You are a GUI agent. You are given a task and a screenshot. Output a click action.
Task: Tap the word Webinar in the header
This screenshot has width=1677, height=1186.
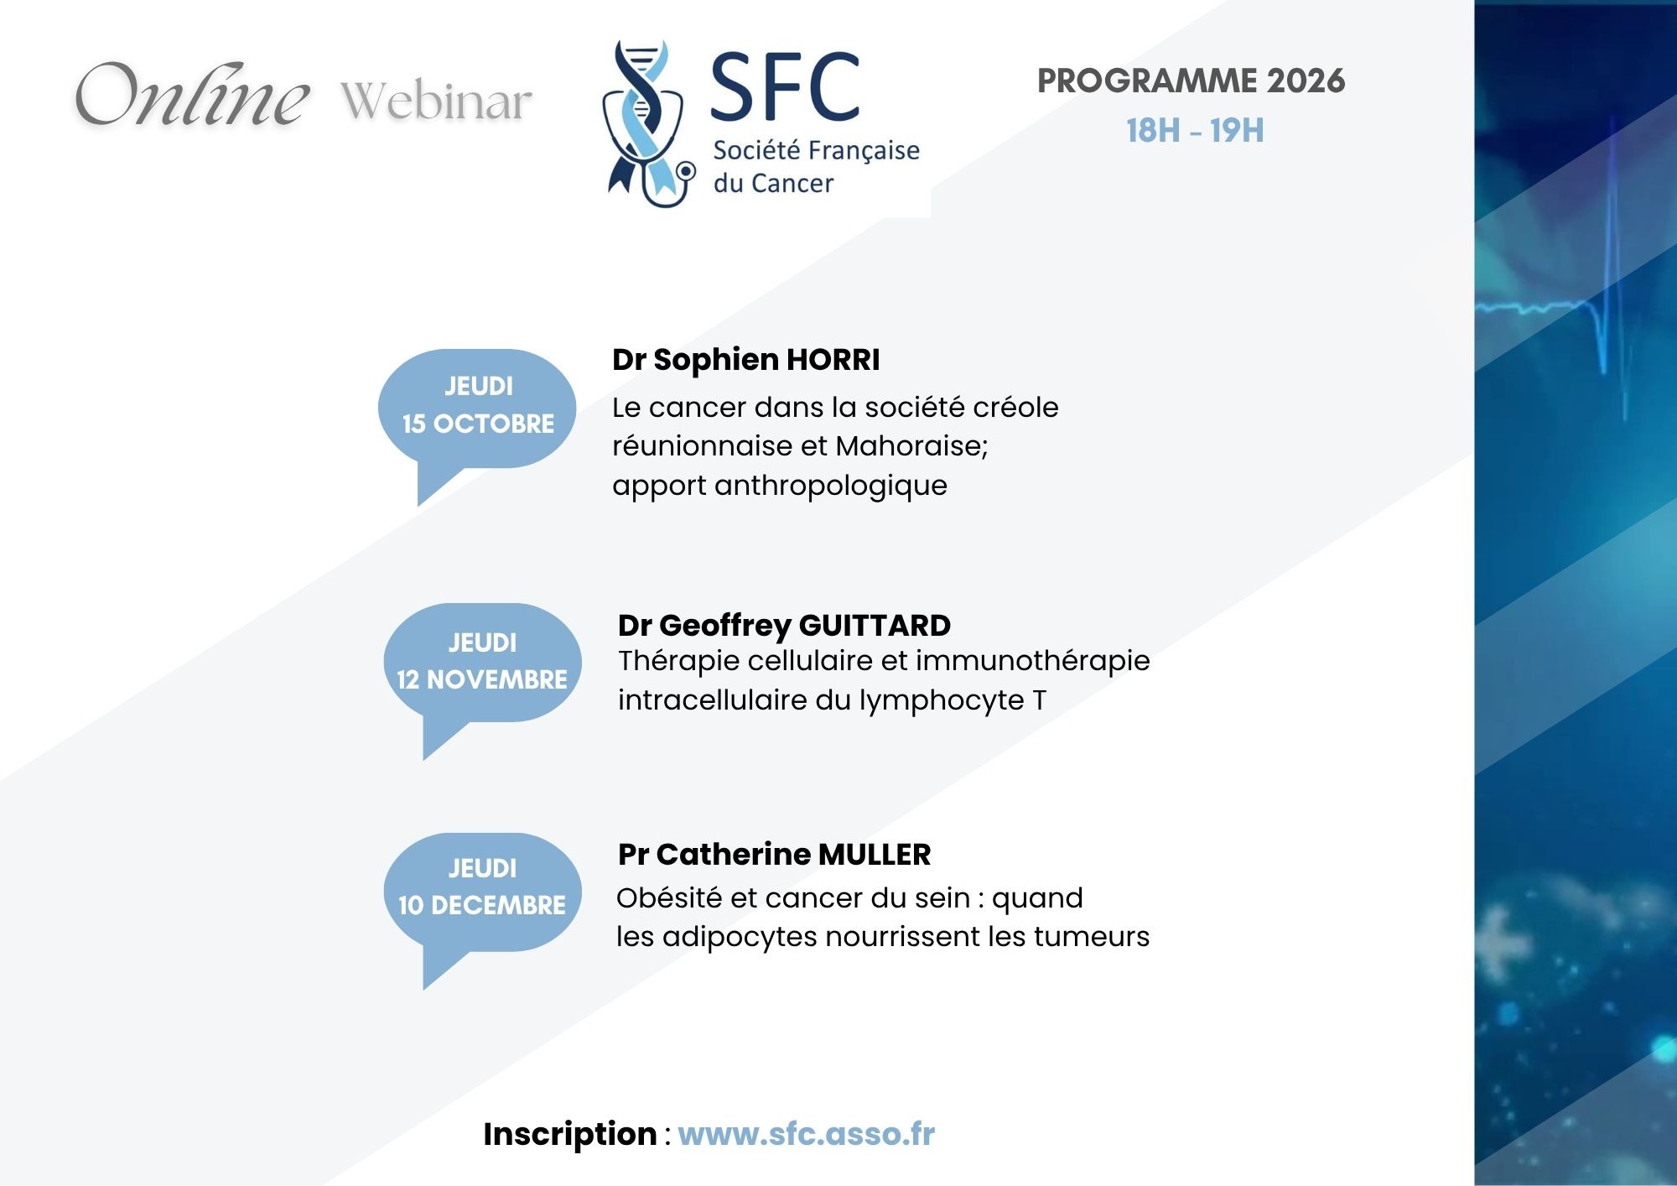pyautogui.click(x=436, y=101)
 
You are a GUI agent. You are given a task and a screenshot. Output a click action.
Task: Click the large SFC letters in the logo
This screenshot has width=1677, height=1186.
pyautogui.click(x=786, y=86)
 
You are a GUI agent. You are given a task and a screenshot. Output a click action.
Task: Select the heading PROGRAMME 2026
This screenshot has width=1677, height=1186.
pyautogui.click(x=1191, y=81)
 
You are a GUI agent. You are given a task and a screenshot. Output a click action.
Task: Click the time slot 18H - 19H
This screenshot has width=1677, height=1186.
pyautogui.click(x=1195, y=131)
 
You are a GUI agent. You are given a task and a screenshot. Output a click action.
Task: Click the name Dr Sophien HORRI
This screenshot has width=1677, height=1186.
pyautogui.click(x=745, y=360)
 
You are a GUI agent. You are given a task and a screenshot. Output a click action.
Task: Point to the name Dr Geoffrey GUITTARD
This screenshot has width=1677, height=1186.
pyautogui.click(x=784, y=626)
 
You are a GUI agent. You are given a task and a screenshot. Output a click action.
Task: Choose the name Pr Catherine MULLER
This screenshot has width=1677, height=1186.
pyautogui.click(x=774, y=855)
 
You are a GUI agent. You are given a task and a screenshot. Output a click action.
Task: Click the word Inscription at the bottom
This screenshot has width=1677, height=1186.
pyautogui.click(x=570, y=1134)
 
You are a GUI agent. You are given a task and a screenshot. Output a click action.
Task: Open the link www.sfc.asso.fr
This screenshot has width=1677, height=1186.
pyautogui.click(x=806, y=1134)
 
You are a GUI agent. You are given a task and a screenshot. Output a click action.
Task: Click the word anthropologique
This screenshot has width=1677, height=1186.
pyautogui.click(x=831, y=486)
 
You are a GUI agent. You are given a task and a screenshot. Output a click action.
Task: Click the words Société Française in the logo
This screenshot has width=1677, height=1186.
pyautogui.click(x=816, y=150)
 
